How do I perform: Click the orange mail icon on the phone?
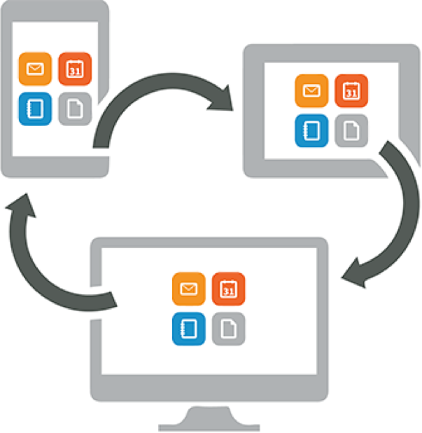(35, 69)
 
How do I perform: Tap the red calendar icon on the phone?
(75, 69)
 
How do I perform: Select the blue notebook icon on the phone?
(35, 108)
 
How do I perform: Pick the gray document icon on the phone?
(75, 108)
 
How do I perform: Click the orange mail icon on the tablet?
(312, 90)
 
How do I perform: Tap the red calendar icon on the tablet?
(351, 90)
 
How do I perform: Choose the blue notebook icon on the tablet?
(312, 130)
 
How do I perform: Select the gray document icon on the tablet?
(351, 130)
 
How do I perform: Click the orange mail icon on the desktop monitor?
(188, 288)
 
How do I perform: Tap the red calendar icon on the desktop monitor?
(228, 288)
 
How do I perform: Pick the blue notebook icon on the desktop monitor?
(188, 328)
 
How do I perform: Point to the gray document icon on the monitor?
(228, 328)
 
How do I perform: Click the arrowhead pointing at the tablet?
(223, 97)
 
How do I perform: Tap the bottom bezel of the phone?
(56, 166)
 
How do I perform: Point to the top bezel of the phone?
(56, 10)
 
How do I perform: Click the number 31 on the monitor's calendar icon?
(228, 290)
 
